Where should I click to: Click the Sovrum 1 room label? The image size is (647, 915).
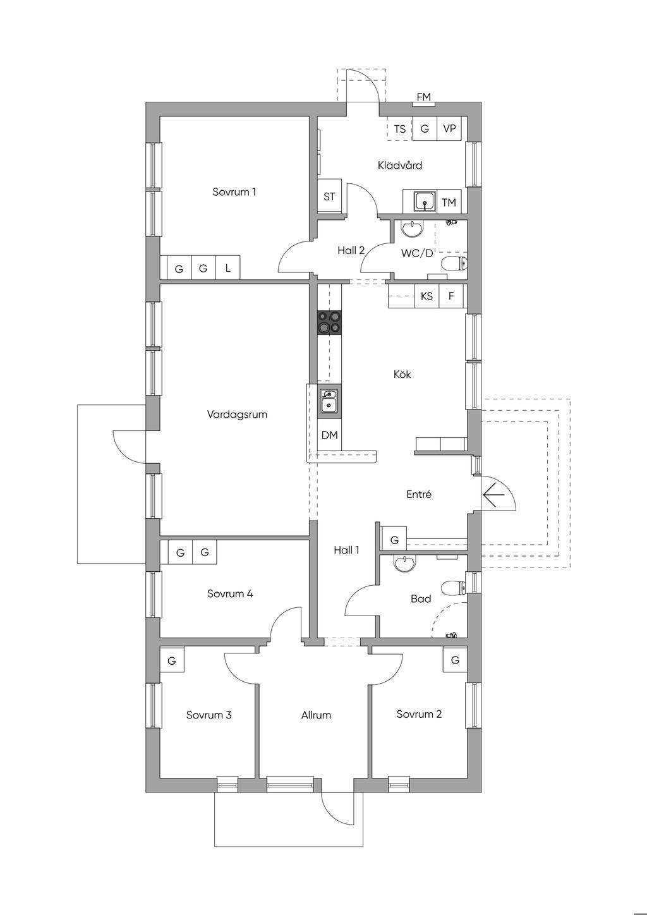pos(234,191)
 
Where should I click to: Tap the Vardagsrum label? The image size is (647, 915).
pos(237,414)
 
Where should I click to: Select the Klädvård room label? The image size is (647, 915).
pos(400,165)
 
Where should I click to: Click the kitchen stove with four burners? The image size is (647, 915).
pos(329,323)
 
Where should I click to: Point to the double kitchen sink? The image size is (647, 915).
pos(329,401)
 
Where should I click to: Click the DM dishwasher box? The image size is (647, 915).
pos(329,435)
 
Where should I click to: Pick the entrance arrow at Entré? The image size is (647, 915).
pos(494,495)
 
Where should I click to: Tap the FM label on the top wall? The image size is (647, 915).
pos(423,97)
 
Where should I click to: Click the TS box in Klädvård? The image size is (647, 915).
pos(400,129)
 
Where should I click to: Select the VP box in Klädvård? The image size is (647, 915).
pos(449,129)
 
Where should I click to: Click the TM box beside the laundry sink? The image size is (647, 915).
pos(449,202)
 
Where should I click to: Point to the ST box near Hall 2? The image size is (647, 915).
pos(329,196)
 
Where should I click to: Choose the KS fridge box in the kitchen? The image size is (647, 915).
pos(426,296)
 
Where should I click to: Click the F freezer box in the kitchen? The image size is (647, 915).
pos(451,296)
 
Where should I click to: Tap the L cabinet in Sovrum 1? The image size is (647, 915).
pos(228,268)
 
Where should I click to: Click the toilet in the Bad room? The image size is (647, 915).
pos(454,588)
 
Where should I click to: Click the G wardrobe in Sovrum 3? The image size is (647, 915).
pos(172,660)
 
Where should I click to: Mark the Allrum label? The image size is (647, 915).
pos(316,715)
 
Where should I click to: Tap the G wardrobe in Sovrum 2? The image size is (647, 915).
pos(455,660)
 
